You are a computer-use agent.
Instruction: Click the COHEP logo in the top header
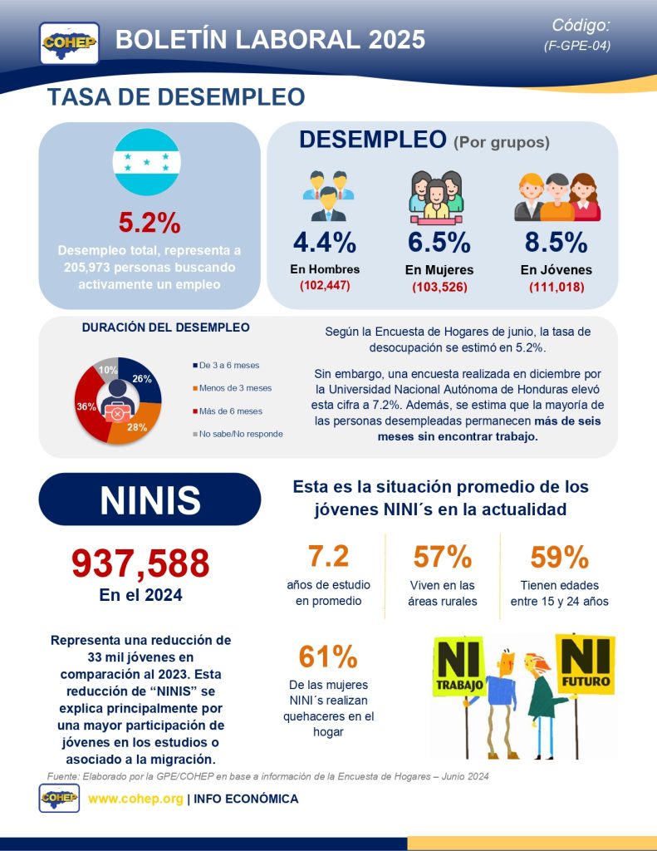pyautogui.click(x=70, y=42)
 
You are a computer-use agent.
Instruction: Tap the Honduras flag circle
pyautogui.click(x=146, y=163)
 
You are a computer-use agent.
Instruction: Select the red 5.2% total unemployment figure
pyautogui.click(x=150, y=223)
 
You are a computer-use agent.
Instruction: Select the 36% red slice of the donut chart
pyautogui.click(x=86, y=407)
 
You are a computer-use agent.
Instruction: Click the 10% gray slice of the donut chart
pyautogui.click(x=107, y=371)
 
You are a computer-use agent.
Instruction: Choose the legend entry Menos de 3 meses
pyautogui.click(x=236, y=388)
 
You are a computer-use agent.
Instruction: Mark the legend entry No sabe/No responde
pyautogui.click(x=241, y=434)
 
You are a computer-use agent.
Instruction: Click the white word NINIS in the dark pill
pyautogui.click(x=150, y=499)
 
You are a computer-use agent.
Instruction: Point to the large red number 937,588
pyautogui.click(x=140, y=563)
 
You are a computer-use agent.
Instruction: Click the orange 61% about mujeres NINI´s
pyautogui.click(x=328, y=657)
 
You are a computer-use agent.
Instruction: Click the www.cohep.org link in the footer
pyautogui.click(x=135, y=799)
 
